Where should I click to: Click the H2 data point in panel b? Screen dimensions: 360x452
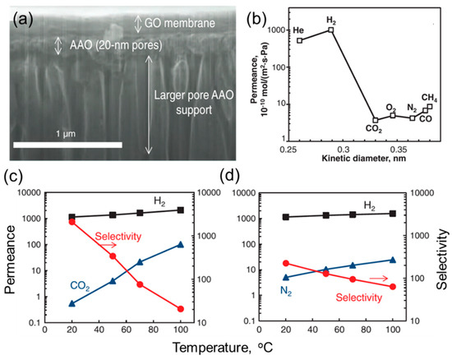point(330,30)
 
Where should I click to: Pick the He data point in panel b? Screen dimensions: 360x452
point(300,40)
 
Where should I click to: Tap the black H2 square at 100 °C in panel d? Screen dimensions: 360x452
point(393,214)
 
